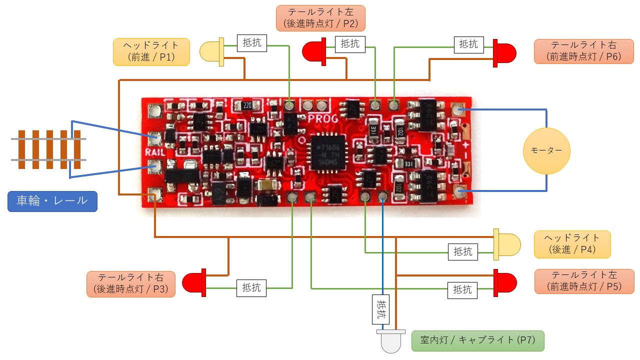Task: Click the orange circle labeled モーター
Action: tap(546, 150)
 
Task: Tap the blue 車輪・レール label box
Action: tap(52, 201)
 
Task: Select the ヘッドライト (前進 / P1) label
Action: tap(152, 51)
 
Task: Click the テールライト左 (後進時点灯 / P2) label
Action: tap(320, 18)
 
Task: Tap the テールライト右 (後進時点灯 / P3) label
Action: tap(130, 284)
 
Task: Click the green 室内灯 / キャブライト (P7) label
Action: tap(477, 340)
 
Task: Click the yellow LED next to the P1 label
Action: tap(212, 52)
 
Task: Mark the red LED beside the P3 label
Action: tap(194, 282)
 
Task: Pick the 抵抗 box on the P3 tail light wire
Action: tap(251, 287)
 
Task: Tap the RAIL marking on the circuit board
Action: tap(152, 151)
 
